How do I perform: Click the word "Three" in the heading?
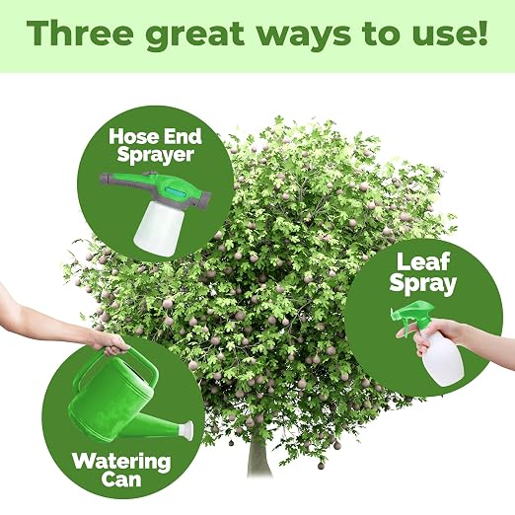click(x=80, y=34)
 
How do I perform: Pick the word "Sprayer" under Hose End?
click(x=155, y=155)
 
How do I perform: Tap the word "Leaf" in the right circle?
click(x=423, y=262)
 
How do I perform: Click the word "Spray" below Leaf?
click(x=423, y=283)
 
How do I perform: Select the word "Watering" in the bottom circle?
click(x=121, y=462)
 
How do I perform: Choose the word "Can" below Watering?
click(x=121, y=480)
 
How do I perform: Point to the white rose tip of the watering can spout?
click(x=186, y=430)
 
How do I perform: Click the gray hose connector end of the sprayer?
click(x=106, y=180)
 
